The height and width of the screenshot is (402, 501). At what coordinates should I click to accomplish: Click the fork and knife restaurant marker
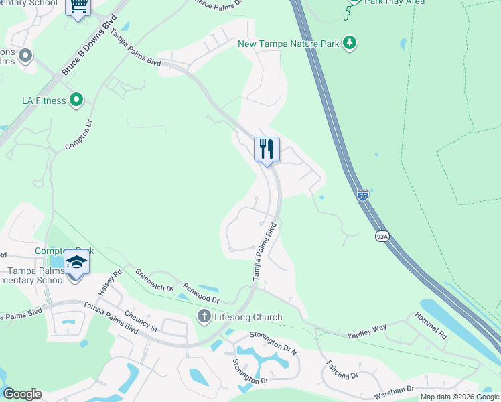point(267,149)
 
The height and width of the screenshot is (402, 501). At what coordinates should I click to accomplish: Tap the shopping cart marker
point(78,7)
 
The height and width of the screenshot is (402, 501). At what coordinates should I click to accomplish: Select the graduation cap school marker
point(76,262)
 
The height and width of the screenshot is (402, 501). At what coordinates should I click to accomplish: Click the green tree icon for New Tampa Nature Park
point(349,44)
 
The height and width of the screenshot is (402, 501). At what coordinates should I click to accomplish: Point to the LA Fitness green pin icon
point(76,100)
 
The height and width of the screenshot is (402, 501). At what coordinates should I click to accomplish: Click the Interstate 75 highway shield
point(362,195)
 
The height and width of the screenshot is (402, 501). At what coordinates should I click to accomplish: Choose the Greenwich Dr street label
point(150,281)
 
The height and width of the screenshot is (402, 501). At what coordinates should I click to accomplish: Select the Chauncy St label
point(140,320)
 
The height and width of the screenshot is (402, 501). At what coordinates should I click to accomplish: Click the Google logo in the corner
point(23,394)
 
